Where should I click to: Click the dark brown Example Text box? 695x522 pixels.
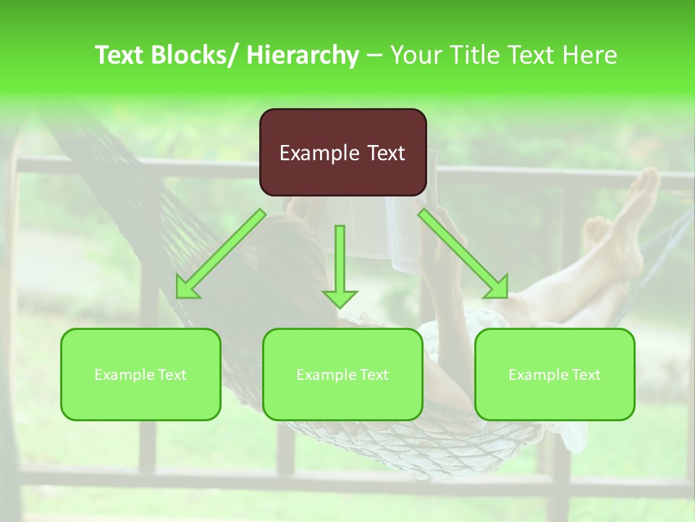342,152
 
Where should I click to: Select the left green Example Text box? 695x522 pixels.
140,374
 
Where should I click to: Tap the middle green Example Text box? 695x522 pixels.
342,374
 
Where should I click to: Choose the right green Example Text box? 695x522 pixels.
555,374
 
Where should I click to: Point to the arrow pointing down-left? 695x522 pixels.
222,253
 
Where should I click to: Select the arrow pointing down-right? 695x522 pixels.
463,253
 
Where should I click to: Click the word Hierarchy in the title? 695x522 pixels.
303,55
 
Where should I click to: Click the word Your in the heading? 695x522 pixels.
417,55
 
